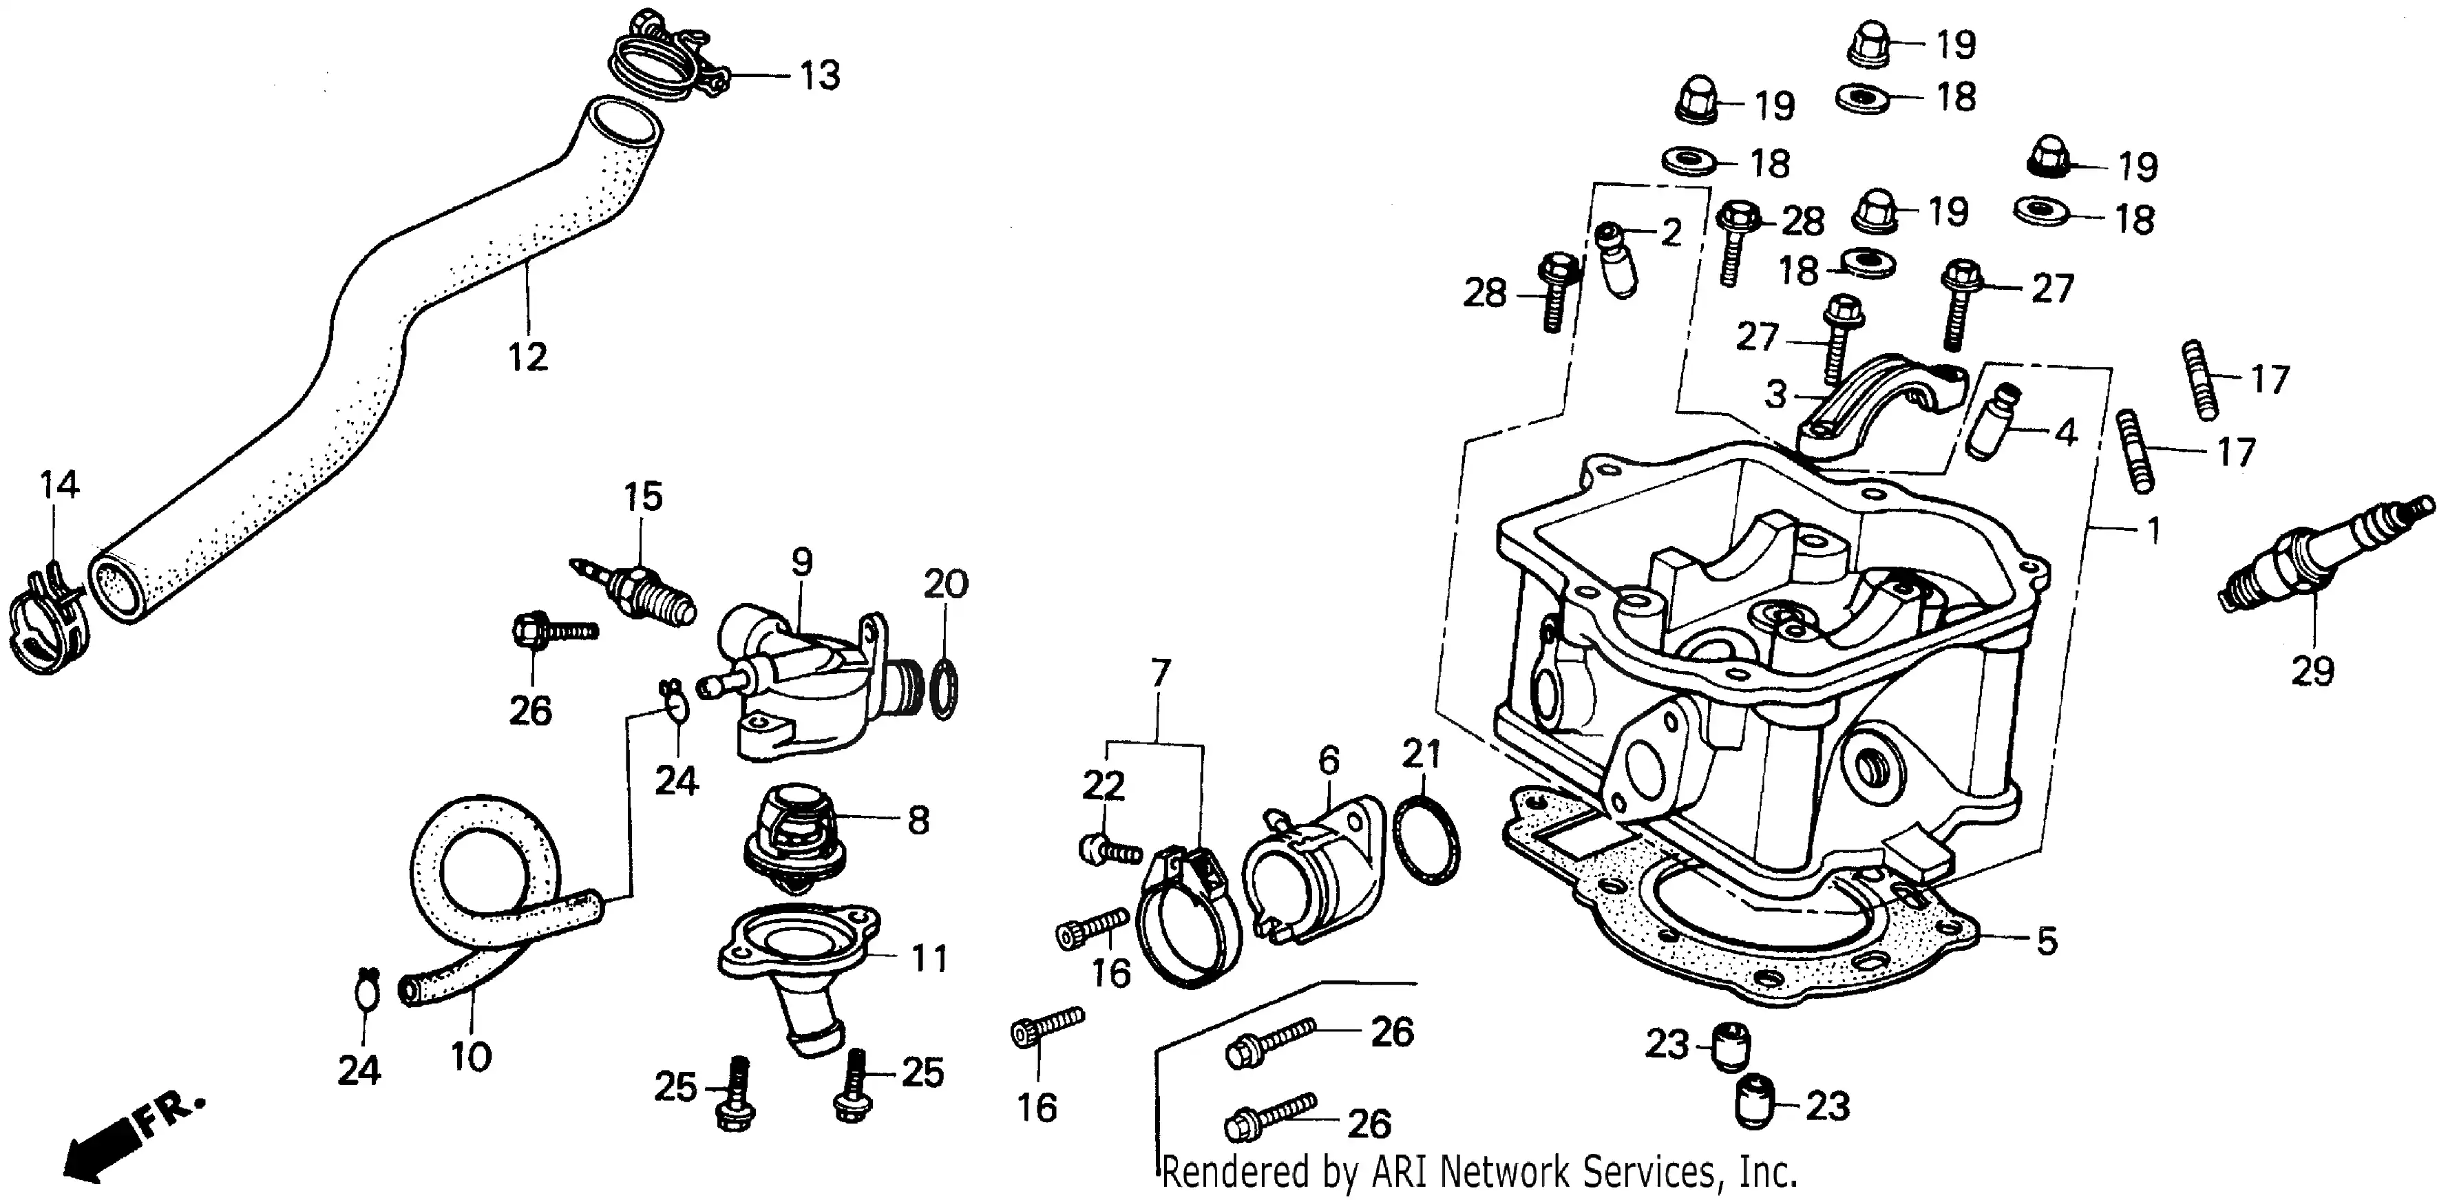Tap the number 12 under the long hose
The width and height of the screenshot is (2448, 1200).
coord(527,357)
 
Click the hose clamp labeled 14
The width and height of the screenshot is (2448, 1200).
coord(45,622)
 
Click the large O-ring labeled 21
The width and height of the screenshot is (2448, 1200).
coord(1426,840)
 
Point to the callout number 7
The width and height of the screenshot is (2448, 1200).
coord(1159,673)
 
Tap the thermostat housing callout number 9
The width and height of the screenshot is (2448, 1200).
coord(802,562)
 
